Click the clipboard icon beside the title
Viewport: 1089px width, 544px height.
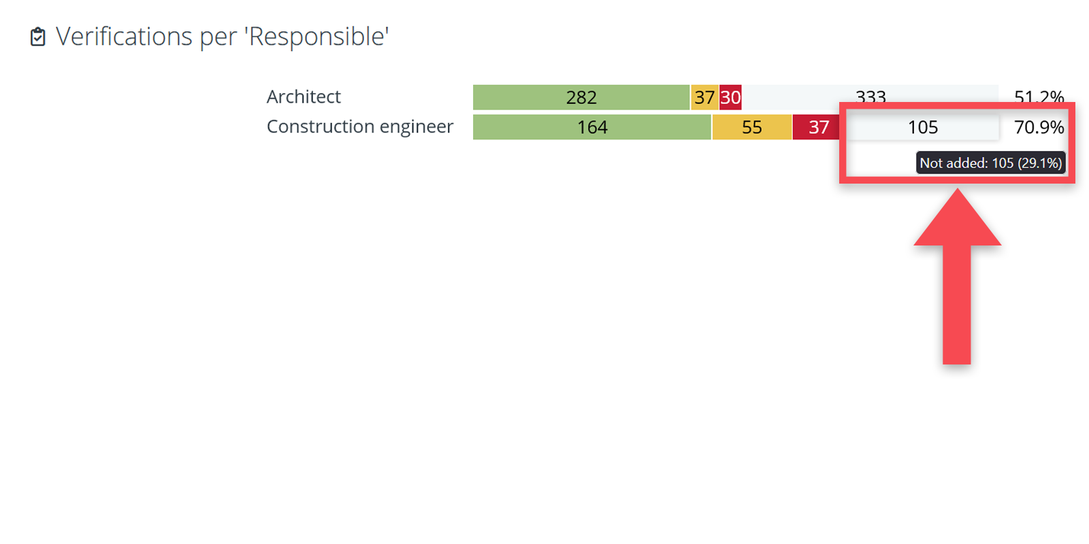38,37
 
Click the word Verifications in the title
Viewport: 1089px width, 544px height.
124,37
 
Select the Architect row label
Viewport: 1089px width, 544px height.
304,97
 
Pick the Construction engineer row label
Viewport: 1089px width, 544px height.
359,127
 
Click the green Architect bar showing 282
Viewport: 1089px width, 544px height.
581,97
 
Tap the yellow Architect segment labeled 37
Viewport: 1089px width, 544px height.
704,97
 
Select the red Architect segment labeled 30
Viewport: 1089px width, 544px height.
730,97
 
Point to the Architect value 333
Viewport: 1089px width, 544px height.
871,96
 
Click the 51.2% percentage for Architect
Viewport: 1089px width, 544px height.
1039,96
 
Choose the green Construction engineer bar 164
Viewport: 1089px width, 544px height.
591,127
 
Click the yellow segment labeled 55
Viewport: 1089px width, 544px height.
751,127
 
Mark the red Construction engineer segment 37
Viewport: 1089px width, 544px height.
818,127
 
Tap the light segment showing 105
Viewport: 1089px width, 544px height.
922,127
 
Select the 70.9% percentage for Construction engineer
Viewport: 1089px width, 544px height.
1039,127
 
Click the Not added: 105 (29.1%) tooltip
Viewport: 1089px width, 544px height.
990,163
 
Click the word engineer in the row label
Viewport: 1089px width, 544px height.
416,127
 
